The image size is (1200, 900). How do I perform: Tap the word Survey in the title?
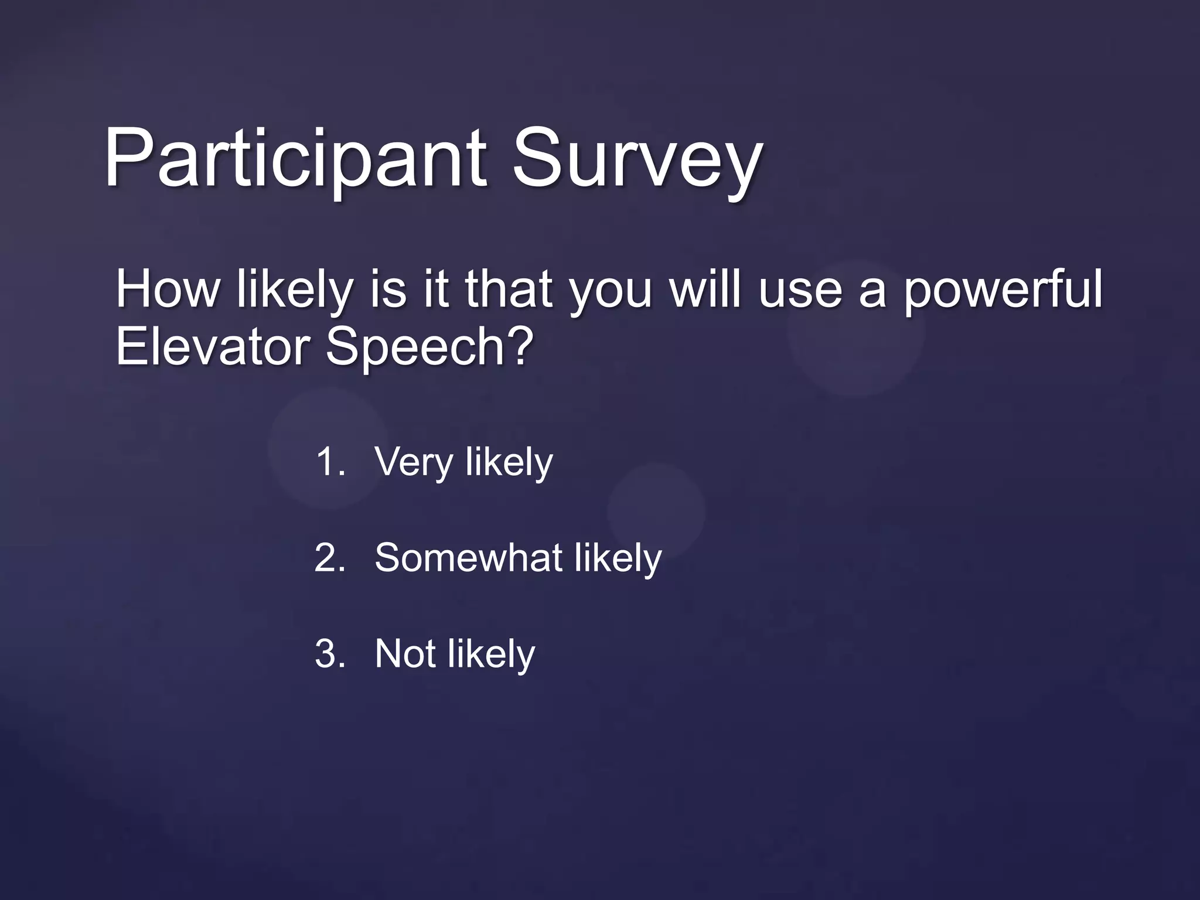coord(637,160)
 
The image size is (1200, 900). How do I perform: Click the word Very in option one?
coord(414,462)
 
